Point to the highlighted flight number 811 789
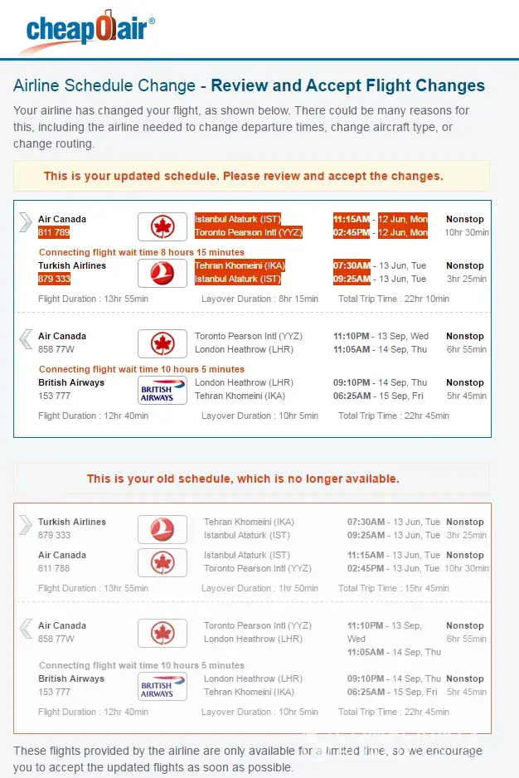(x=54, y=232)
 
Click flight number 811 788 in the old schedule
(x=54, y=568)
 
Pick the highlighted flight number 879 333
(x=54, y=279)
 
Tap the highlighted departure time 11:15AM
(x=352, y=219)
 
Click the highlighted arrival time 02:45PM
(x=352, y=232)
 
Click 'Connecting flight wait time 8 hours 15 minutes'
(x=142, y=252)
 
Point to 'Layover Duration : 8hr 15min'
(x=259, y=299)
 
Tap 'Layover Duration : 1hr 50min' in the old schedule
(x=259, y=588)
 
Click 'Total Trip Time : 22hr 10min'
(x=393, y=299)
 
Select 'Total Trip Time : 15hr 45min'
(x=393, y=588)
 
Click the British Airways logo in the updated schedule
(x=162, y=390)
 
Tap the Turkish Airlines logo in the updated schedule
(x=162, y=273)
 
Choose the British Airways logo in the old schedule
(x=162, y=686)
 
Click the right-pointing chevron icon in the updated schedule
(x=26, y=221)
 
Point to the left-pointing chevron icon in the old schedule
(x=26, y=628)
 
